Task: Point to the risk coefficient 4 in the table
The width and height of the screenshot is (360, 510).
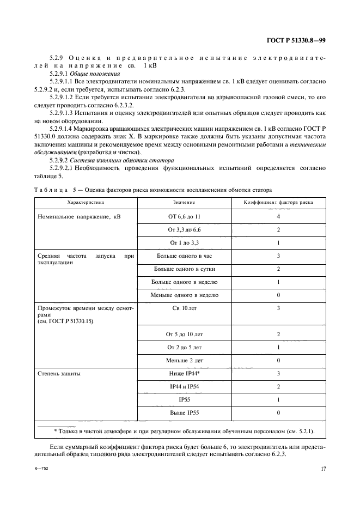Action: [x=278, y=216]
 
